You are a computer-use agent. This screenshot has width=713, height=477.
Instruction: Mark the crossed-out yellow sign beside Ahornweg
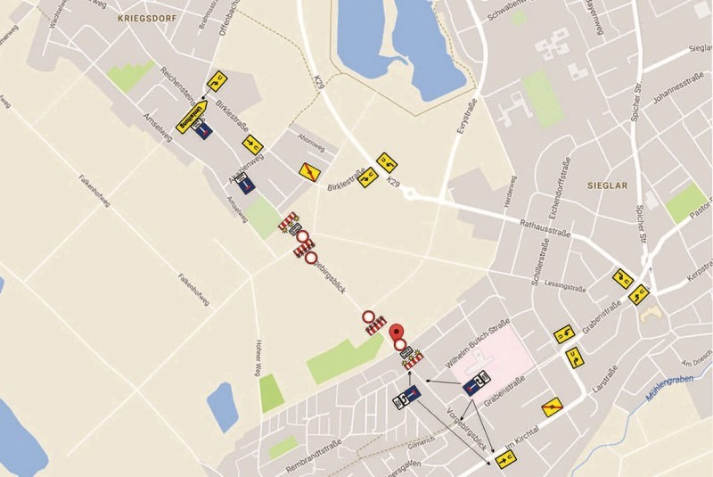coord(308,170)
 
